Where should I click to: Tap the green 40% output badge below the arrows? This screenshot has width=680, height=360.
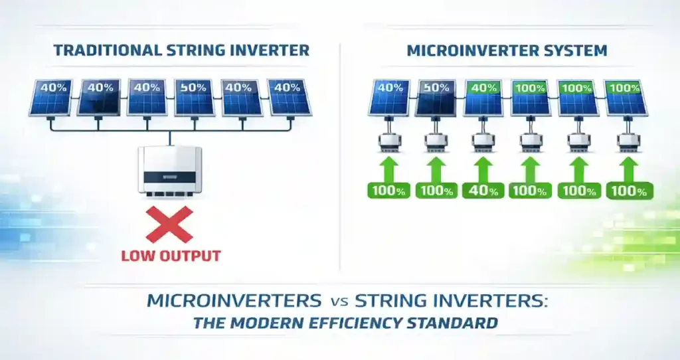[x=483, y=191]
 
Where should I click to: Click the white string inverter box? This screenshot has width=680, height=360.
[x=169, y=171]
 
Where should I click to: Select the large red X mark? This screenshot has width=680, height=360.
[x=169, y=224]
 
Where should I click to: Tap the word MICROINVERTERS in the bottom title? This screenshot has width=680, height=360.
[x=233, y=300]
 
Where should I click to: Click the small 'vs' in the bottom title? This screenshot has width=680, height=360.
[x=337, y=302]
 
